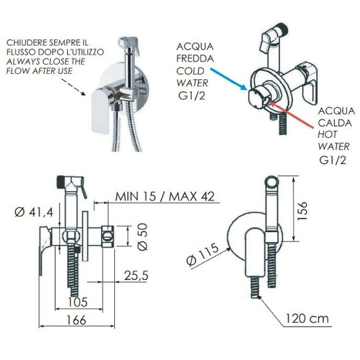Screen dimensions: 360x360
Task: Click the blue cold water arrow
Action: pyautogui.click(x=228, y=78)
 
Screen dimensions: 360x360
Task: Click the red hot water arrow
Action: pyautogui.click(x=292, y=115)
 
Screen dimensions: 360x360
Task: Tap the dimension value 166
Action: pyautogui.click(x=76, y=320)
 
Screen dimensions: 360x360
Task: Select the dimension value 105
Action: pyautogui.click(x=78, y=302)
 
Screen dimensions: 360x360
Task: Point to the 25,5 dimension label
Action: pyautogui.click(x=136, y=276)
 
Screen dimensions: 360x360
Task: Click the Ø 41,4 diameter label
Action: pyautogui.click(x=34, y=212)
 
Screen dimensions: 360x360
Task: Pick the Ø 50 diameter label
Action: pyautogui.click(x=143, y=236)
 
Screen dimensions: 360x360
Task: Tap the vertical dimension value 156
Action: pyautogui.click(x=302, y=211)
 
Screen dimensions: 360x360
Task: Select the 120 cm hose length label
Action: pyautogui.click(x=307, y=318)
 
